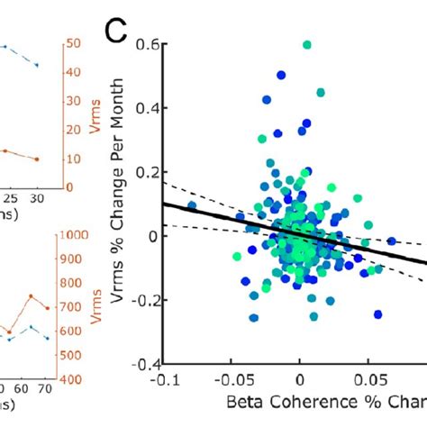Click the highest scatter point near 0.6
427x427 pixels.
[307, 44]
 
